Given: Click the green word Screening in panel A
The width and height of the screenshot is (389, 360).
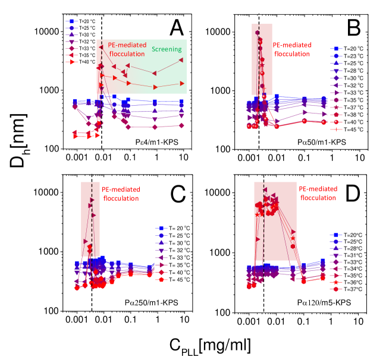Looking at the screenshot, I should (167, 49).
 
